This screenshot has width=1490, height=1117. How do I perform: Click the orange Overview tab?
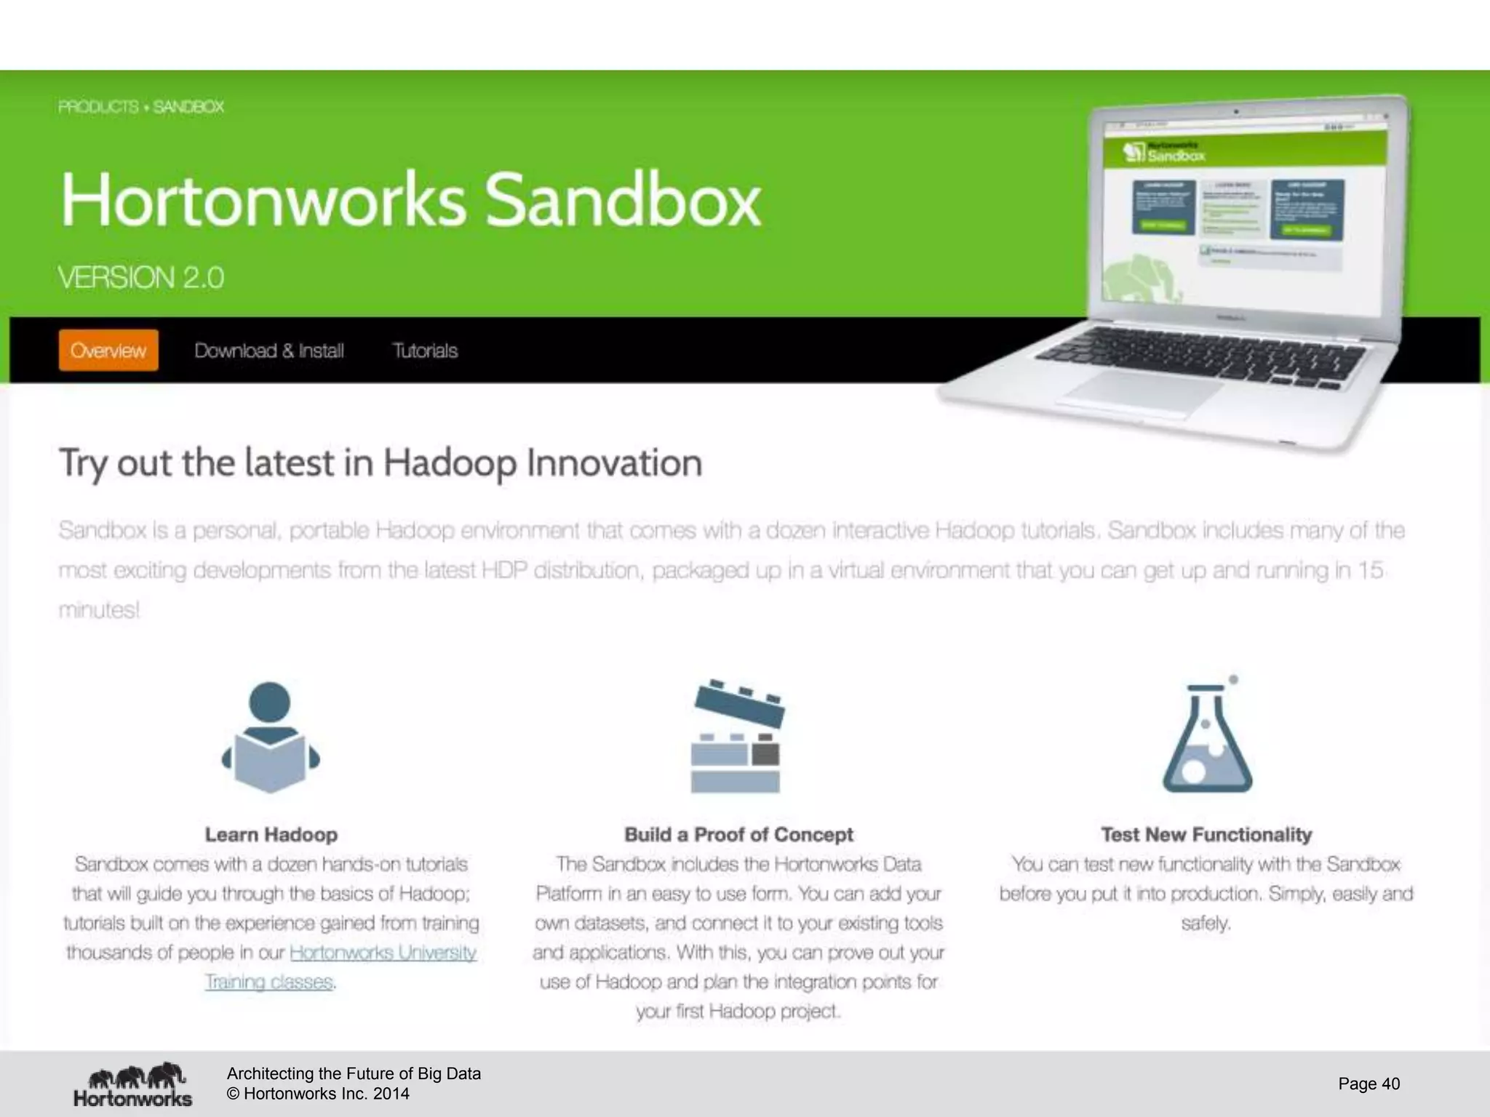(x=108, y=351)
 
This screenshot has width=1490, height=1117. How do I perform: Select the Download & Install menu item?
(x=268, y=351)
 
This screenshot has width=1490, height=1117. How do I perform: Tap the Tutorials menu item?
(x=425, y=351)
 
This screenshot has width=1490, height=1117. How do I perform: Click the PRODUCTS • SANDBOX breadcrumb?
(x=141, y=107)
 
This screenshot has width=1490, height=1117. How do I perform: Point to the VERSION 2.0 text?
(x=141, y=278)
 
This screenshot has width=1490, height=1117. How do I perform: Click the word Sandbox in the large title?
(x=622, y=201)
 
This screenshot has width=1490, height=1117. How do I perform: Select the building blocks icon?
(x=736, y=737)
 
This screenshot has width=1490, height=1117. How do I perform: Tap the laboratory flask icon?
(x=1207, y=737)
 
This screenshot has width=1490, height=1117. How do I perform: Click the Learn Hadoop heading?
(x=271, y=834)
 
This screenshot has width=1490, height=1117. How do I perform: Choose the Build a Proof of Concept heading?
(x=738, y=834)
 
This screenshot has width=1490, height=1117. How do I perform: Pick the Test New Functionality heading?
(x=1206, y=834)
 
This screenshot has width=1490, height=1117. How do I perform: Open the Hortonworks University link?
(x=383, y=952)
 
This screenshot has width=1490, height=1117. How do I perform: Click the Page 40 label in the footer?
(x=1369, y=1084)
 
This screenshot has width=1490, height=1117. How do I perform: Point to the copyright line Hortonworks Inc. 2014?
(x=318, y=1094)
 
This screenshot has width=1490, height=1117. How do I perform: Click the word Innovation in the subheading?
(x=614, y=463)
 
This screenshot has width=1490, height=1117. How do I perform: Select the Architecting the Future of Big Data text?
(x=354, y=1073)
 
